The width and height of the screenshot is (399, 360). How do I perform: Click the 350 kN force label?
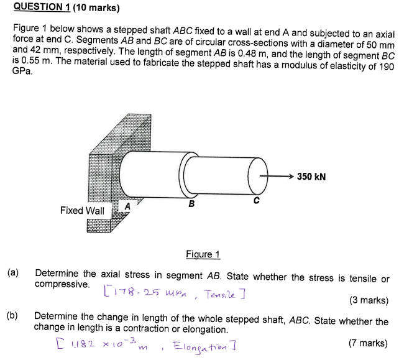[x=311, y=177]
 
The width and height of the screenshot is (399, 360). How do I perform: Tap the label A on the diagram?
[x=127, y=206]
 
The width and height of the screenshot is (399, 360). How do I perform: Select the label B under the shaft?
[x=191, y=204]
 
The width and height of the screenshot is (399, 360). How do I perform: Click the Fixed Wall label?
[x=82, y=211]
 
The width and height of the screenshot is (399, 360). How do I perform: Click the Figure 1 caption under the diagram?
[x=203, y=254]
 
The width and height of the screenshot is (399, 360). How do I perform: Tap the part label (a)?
[x=14, y=273]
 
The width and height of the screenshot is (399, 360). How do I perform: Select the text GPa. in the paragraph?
[x=21, y=72]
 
